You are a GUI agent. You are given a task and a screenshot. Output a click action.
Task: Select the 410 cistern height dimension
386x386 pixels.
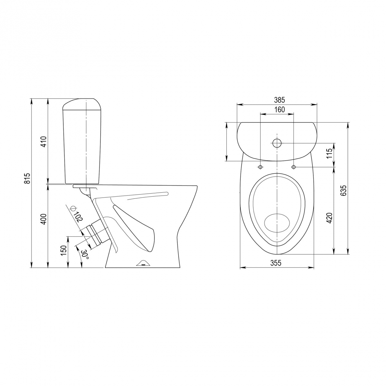pos(44,142)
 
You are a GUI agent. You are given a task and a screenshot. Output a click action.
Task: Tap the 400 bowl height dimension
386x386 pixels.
pos(44,219)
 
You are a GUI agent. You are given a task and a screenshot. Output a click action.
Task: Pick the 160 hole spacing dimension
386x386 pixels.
pos(280,109)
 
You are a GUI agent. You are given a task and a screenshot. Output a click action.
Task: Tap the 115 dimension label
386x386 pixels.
pos(329,153)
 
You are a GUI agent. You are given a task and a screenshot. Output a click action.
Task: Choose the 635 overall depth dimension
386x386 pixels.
pos(343,190)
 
